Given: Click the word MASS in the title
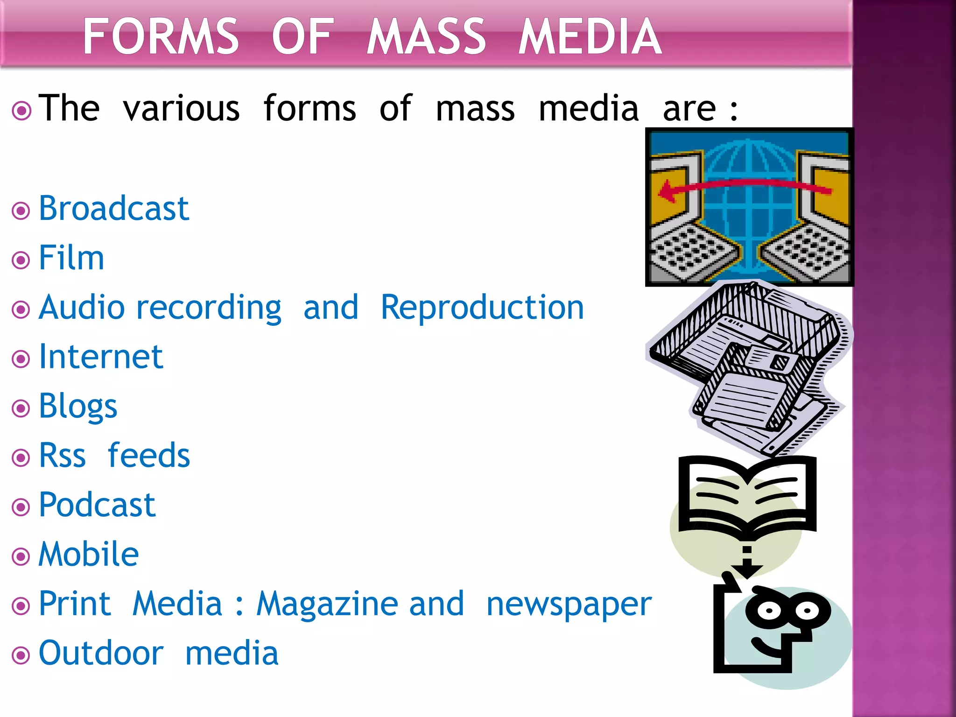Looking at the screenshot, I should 426,36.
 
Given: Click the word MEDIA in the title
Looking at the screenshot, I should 590,36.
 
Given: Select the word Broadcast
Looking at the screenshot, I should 113,208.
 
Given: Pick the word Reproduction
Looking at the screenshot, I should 482,308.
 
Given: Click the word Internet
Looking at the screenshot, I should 101,357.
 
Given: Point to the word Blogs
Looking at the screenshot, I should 77,407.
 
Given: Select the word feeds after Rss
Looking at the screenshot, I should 148,456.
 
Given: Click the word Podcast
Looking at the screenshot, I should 97,505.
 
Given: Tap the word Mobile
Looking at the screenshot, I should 88,555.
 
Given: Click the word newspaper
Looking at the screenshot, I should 569,604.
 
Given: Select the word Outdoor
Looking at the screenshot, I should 101,653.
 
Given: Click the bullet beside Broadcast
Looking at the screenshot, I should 21,211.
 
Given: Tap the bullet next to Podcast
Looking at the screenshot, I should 21,507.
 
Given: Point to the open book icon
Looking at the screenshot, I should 747,497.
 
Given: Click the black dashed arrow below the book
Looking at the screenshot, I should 747,562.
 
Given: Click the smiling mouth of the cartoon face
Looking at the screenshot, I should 766,647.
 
